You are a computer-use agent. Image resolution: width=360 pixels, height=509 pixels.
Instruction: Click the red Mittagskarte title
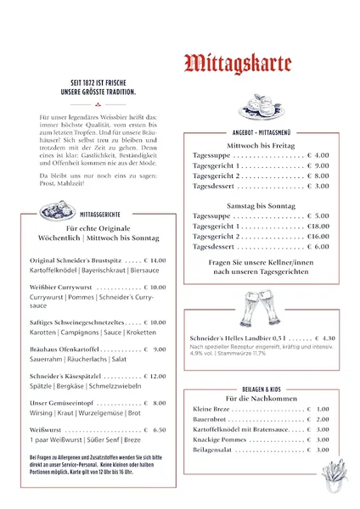(x=238, y=64)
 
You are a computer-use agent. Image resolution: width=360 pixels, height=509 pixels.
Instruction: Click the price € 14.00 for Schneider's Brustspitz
(x=155, y=260)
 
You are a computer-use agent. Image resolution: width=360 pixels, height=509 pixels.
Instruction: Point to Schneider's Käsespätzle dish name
(x=66, y=376)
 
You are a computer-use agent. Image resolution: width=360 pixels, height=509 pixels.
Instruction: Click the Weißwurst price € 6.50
(x=155, y=430)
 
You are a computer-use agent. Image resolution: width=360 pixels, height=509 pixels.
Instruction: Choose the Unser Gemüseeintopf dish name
(x=63, y=403)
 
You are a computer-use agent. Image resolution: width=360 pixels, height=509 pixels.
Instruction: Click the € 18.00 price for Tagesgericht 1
(x=318, y=227)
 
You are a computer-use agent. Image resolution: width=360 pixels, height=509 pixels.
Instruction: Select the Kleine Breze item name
(x=212, y=409)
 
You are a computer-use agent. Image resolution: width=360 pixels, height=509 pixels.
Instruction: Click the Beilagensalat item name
(x=217, y=450)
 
